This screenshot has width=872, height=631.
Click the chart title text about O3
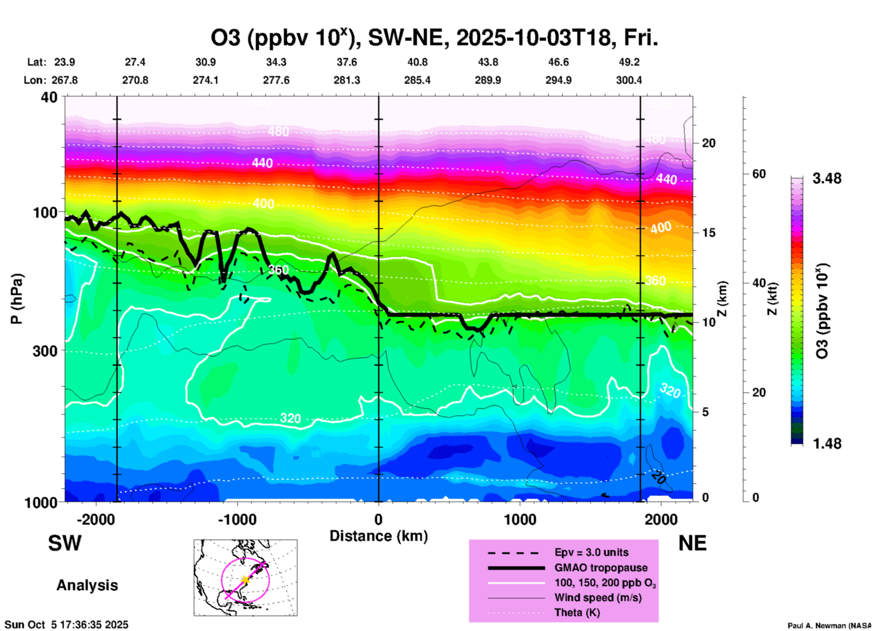point(434,38)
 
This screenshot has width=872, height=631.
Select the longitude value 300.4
point(628,80)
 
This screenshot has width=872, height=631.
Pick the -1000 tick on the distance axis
point(237,519)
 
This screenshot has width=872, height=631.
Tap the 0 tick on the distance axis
point(379,519)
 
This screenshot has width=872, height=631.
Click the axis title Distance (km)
point(379,536)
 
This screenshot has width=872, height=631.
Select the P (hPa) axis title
point(16,299)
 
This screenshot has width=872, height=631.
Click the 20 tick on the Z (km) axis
point(709,143)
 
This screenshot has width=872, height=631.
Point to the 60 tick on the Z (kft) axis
point(759,174)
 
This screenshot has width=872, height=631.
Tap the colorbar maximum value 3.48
point(827,179)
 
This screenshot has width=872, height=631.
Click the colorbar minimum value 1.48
point(827,443)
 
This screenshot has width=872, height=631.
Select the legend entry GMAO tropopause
point(601,568)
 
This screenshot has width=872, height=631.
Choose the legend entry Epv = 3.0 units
point(591,553)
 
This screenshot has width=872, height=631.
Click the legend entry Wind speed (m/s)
point(598,598)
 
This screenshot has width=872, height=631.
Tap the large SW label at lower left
point(65,543)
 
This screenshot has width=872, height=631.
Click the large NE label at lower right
point(692,543)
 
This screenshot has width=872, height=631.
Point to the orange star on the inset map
point(245,579)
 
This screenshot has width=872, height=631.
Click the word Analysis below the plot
point(87,585)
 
